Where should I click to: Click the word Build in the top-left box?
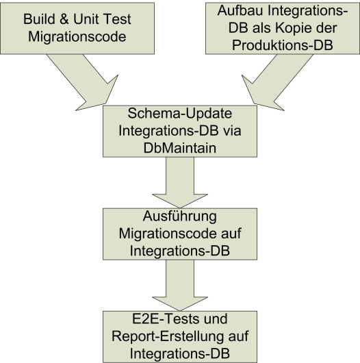point(39,19)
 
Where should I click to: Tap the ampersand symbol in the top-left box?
point(64,19)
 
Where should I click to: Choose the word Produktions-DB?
point(283,45)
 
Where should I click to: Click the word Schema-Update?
point(180,114)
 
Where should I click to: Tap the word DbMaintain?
point(180,148)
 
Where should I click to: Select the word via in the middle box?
point(232,131)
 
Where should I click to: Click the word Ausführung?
point(180,216)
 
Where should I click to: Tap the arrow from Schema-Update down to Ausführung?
point(180,182)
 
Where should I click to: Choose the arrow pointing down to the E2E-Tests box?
point(180,285)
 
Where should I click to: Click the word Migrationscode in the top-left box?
point(77,37)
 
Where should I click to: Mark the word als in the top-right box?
point(261,28)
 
